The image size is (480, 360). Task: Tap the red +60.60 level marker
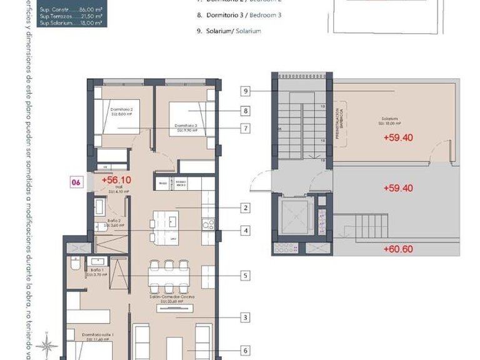coord(397,249)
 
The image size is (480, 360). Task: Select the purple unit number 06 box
coord(76,182)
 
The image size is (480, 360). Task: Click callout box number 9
coord(246,92)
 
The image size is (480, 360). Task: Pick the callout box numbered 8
coord(246,111)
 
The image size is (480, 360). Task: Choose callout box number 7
coord(246,129)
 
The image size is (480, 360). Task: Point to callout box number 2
coord(246,208)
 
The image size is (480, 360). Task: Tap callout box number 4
coord(246,231)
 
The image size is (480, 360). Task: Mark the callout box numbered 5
coord(246,274)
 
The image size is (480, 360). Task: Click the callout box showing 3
coord(246,317)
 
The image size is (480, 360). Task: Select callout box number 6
coord(246,351)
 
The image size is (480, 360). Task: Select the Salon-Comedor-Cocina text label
coord(166,298)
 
